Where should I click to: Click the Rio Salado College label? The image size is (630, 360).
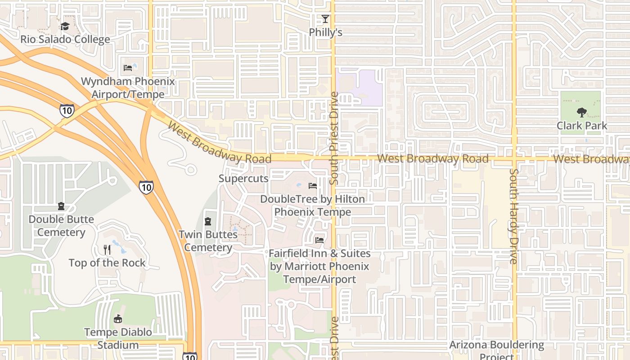(65, 39)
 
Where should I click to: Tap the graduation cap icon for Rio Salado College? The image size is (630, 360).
(65, 26)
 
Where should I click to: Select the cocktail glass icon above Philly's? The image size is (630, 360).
(325, 19)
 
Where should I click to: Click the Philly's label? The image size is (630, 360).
(325, 32)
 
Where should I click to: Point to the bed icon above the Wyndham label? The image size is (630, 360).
(128, 68)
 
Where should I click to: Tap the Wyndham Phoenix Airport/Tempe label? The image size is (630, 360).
(128, 88)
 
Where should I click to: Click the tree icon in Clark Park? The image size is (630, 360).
(581, 112)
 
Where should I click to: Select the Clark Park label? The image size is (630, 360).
(582, 126)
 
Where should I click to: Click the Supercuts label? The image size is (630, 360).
(243, 178)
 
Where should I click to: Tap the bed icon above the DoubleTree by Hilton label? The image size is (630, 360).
(313, 185)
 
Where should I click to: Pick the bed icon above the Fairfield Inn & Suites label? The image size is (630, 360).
(319, 240)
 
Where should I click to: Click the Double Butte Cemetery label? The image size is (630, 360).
(61, 226)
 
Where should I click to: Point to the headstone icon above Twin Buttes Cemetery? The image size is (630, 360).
(208, 221)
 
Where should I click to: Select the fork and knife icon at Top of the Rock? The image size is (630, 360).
(107, 249)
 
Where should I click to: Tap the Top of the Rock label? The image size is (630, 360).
(107, 263)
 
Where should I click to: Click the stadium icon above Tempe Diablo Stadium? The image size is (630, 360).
(118, 319)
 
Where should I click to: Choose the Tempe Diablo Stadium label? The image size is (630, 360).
(118, 338)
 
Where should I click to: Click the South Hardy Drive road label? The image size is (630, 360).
(514, 216)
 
